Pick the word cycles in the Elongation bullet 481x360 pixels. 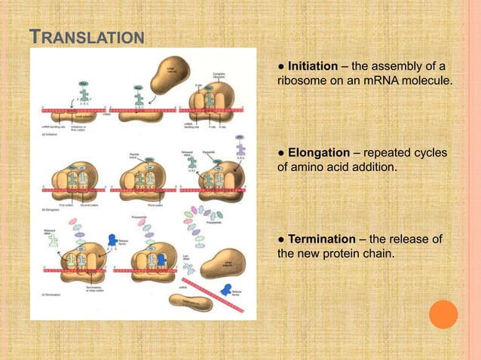(x=427, y=152)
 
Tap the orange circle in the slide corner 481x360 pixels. (x=443, y=314)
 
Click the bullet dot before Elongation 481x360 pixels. (x=281, y=152)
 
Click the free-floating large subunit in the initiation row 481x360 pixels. (x=168, y=75)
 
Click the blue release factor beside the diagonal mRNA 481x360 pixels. (x=225, y=290)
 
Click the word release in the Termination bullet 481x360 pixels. (x=408, y=239)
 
